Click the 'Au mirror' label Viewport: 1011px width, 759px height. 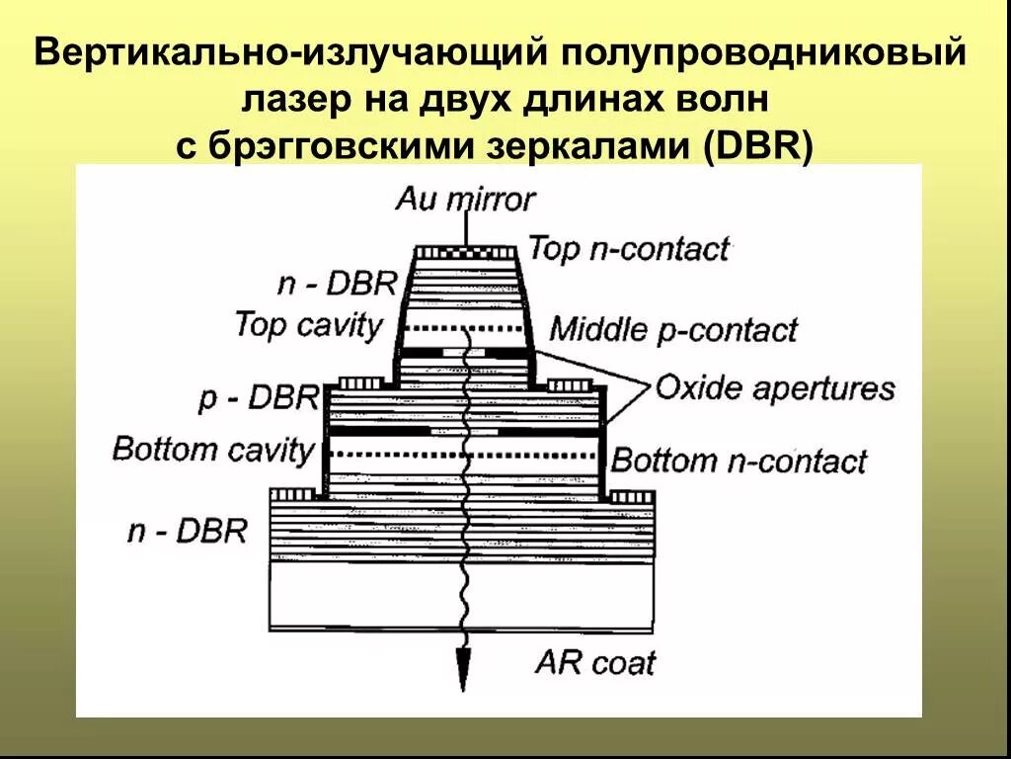coord(465,200)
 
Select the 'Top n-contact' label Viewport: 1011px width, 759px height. coord(629,248)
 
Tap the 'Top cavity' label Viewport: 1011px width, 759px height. coord(308,325)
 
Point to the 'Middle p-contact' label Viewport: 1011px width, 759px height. coord(672,329)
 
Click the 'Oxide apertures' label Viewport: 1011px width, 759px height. coord(775,387)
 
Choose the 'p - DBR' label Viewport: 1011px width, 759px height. coord(259,398)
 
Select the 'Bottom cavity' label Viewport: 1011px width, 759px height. coord(212,449)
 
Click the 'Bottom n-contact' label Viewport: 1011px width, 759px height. coord(739,461)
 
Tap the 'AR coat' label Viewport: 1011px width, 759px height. coord(594,661)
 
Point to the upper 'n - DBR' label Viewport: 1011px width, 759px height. coord(337,285)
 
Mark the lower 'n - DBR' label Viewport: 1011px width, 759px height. coord(187,531)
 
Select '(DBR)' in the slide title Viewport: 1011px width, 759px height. coord(758,146)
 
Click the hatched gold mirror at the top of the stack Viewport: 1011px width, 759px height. coord(464,252)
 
